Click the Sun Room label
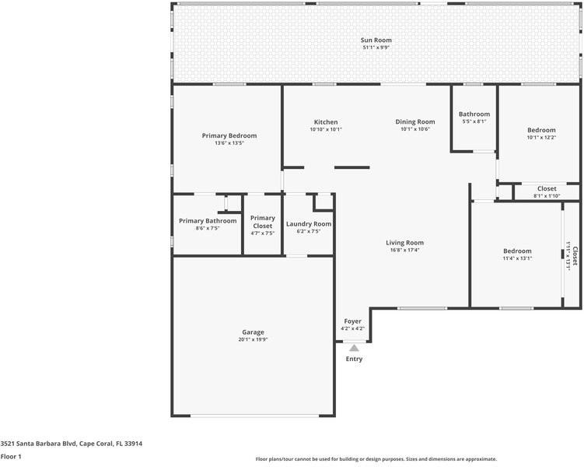[x=376, y=40]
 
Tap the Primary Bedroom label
[x=229, y=135]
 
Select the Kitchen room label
[x=326, y=122]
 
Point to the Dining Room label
[x=415, y=122]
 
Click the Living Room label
[x=404, y=243]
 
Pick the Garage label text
[x=253, y=332]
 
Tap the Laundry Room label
[x=309, y=224]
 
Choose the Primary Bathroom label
[x=208, y=221]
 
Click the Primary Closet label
[x=263, y=222]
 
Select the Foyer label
[x=353, y=321]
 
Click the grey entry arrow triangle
[x=354, y=348]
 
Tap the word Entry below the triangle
[x=354, y=359]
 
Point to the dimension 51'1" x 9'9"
[x=376, y=47]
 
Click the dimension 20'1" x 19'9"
[x=253, y=339]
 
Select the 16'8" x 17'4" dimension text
[x=404, y=250]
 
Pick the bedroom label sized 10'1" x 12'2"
[x=541, y=130]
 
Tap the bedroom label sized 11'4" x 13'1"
[x=517, y=251]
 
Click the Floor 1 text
[x=11, y=457]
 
